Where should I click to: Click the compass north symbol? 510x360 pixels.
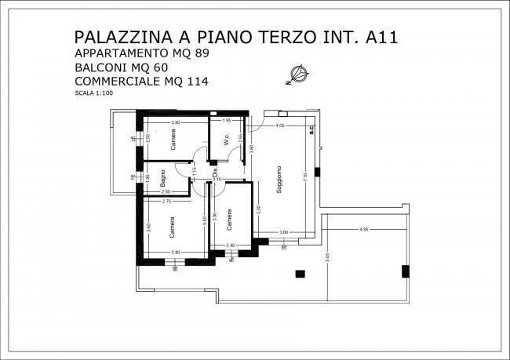click(296, 75)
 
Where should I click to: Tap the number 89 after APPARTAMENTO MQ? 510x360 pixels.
click(200, 53)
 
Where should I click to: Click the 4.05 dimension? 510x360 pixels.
click(280, 125)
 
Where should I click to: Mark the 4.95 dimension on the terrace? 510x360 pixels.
click(363, 229)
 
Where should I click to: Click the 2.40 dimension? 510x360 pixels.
click(231, 245)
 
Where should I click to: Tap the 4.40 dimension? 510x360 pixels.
click(203, 220)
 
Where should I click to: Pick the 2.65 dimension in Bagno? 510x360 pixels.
click(166, 192)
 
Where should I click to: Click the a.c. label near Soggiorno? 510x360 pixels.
click(311, 129)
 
